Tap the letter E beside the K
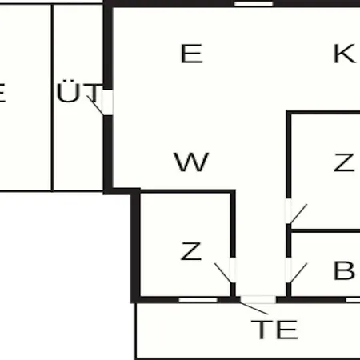(192, 54)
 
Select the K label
(345, 54)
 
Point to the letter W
(191, 162)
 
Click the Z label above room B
(344, 162)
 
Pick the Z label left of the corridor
(190, 250)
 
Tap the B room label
(344, 270)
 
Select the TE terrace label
(274, 330)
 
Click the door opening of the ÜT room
(107, 102)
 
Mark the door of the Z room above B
(289, 211)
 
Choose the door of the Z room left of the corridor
(233, 270)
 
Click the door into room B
(289, 270)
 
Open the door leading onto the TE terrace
(258, 299)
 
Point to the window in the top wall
(254, 4)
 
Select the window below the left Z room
(198, 300)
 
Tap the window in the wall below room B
(353, 300)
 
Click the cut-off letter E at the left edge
(2, 93)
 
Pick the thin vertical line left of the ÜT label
(52, 98)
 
